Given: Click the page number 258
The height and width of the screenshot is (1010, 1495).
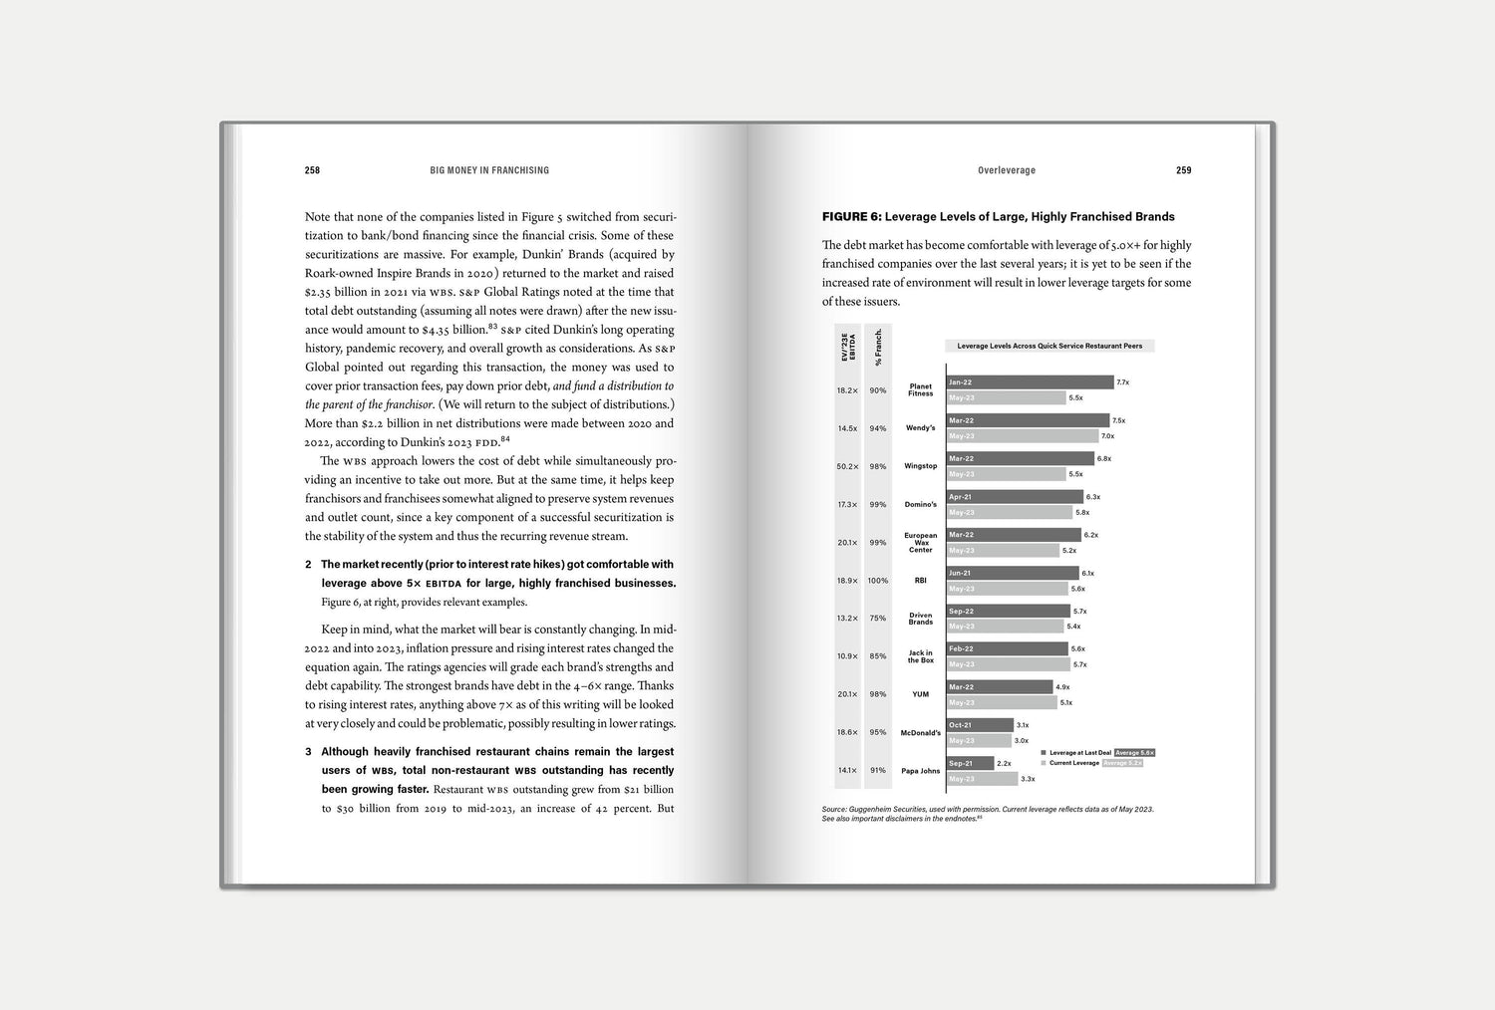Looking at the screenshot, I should pos(312,170).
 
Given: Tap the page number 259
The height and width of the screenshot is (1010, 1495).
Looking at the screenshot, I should pos(1183,170).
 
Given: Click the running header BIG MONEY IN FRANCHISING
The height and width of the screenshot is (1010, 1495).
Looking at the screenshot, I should pos(489,170).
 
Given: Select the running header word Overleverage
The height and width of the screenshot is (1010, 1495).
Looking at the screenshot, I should pos(1006,170).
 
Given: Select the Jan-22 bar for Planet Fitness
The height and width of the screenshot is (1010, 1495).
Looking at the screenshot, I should pos(1030,382).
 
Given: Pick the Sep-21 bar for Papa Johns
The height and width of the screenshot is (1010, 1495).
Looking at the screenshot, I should pos(970,763).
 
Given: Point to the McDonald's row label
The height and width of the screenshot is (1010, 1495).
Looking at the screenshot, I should pos(920,733).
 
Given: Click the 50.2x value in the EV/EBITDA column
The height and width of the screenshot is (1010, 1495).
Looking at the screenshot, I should pos(847,466).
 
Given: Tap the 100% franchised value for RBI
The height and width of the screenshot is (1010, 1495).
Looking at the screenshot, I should pos(877,581).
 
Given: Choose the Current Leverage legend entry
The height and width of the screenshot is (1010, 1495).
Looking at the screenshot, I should pos(1073,763).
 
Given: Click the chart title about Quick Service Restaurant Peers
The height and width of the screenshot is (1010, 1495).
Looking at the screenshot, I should pos(1049,347).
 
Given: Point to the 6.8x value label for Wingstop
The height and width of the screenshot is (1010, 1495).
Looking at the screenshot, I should pos(1103,459).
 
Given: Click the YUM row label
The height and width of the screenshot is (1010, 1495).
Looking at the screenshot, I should pos(920,695).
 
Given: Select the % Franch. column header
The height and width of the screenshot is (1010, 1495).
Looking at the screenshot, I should pos(878,347).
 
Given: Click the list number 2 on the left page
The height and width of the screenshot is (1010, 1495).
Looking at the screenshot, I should pos(309,565).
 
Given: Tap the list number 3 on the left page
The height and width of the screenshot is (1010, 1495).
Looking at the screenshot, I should pos(309,752).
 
